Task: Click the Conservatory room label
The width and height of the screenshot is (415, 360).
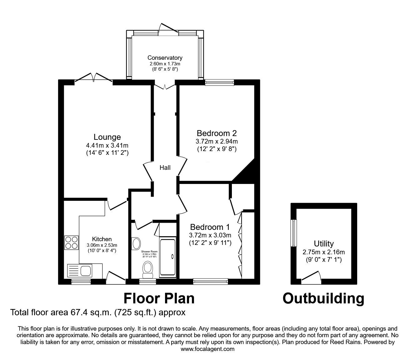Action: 165,58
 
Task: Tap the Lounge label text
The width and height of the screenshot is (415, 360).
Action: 107,137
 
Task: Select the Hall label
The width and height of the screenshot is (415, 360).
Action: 165,168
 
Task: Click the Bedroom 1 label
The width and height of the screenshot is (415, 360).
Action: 210,227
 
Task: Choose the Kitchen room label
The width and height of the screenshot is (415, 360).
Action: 102,239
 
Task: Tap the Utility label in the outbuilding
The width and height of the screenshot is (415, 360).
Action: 324,243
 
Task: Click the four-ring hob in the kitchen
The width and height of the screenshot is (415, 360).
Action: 71,242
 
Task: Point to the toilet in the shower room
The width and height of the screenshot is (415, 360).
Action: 147,269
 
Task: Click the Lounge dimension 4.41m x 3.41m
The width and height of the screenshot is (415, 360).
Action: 107,145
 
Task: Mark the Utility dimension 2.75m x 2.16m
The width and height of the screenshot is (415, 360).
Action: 324,252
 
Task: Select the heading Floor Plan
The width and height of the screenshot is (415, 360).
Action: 159,298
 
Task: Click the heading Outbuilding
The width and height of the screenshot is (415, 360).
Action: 323,298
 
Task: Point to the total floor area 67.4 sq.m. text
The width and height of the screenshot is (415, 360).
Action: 98,312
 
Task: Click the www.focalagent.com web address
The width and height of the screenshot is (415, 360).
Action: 207,349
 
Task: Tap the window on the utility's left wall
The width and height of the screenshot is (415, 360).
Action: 294,233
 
